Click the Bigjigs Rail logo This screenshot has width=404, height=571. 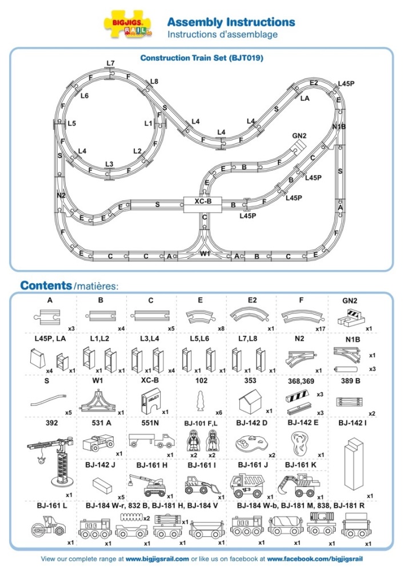128,27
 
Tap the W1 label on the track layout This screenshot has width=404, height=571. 205,253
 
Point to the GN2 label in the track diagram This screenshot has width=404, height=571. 299,136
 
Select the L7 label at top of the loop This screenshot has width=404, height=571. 110,63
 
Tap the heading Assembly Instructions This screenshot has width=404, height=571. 231,22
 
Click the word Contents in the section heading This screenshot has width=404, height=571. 46,285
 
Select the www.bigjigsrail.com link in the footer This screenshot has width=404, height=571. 157,558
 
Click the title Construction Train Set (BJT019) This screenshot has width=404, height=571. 202,58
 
